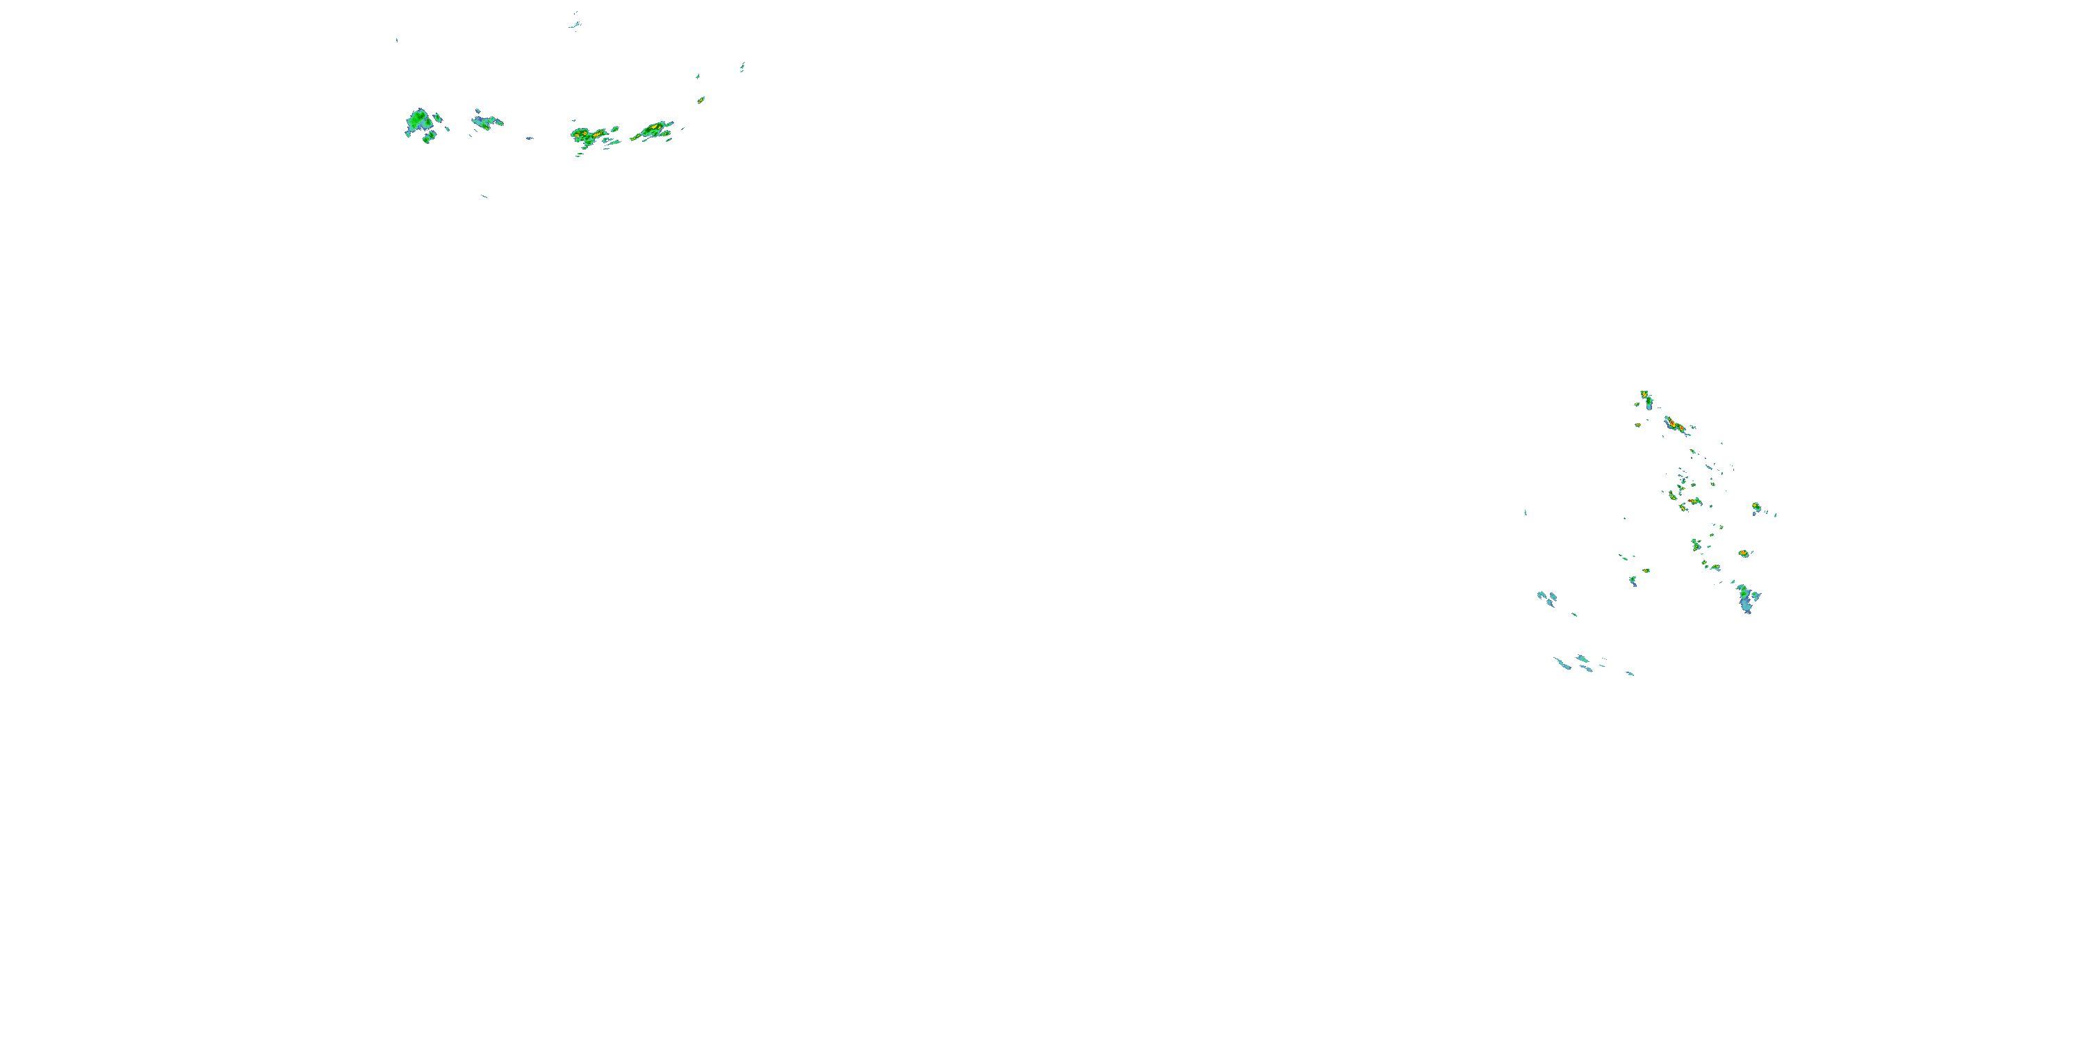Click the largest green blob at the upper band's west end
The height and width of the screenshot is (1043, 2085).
tap(418, 122)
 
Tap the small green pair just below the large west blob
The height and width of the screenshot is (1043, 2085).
tap(428, 138)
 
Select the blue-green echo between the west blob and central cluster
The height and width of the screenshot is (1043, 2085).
tap(486, 122)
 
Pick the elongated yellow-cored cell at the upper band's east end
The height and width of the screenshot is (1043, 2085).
tap(653, 129)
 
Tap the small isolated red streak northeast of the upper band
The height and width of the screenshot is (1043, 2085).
tap(701, 100)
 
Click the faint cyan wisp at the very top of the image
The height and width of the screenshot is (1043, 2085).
tap(575, 24)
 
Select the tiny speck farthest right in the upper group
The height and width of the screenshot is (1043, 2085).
tap(742, 67)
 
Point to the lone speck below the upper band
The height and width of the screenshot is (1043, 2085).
tap(485, 196)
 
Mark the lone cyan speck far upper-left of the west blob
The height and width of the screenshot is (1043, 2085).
tap(397, 40)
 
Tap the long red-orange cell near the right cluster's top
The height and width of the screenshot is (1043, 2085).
tap(1676, 424)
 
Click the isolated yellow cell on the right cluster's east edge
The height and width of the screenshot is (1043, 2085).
tap(1756, 508)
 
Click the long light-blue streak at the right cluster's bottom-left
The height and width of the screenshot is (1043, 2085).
tap(1562, 663)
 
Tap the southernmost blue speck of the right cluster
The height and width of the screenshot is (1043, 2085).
tap(1629, 673)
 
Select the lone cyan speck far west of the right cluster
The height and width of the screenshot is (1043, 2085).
tap(1525, 512)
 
